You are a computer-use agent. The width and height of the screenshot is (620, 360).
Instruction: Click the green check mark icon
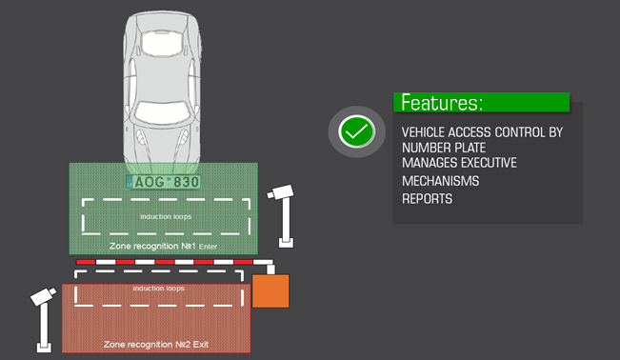356,132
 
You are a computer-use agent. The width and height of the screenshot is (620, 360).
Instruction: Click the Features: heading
442,103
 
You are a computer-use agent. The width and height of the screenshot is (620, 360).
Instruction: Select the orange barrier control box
270,290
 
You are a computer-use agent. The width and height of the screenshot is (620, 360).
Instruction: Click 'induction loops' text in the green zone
166,216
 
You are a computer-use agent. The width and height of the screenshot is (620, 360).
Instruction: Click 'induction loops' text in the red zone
158,287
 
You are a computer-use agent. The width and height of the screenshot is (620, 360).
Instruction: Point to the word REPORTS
427,199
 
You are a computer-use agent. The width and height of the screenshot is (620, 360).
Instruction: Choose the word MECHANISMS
440,181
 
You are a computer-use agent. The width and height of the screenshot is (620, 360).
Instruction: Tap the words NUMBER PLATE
444,148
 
